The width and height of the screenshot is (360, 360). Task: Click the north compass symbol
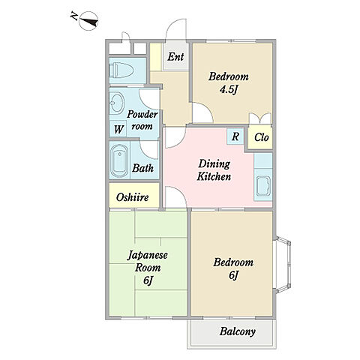click(88, 21)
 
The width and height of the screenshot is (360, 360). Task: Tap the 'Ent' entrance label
click(175, 57)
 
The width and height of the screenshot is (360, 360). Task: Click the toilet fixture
click(121, 70)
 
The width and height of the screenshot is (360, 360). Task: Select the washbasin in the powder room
click(117, 103)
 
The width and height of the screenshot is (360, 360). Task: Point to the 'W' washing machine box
click(118, 129)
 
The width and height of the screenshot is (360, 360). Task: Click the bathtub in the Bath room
click(119, 160)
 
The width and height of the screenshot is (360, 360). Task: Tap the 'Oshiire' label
click(133, 197)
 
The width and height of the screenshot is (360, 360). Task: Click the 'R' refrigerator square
click(235, 136)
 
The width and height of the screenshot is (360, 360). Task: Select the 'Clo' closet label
click(262, 137)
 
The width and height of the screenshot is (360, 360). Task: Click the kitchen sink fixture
click(263, 186)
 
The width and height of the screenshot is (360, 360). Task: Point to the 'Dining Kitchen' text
click(214, 170)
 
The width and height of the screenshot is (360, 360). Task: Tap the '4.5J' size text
click(228, 90)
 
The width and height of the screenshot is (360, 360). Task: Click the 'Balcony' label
click(238, 331)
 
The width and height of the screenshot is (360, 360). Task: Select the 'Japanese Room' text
click(148, 262)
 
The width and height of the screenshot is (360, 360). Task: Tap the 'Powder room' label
click(142, 121)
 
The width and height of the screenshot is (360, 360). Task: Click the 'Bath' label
click(142, 168)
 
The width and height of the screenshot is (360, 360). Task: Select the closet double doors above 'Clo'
click(260, 118)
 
